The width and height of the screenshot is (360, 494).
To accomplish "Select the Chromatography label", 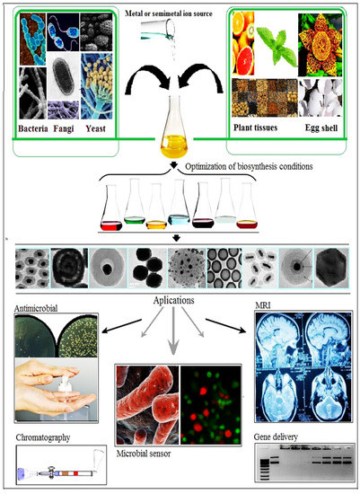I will (x=42, y=440).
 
